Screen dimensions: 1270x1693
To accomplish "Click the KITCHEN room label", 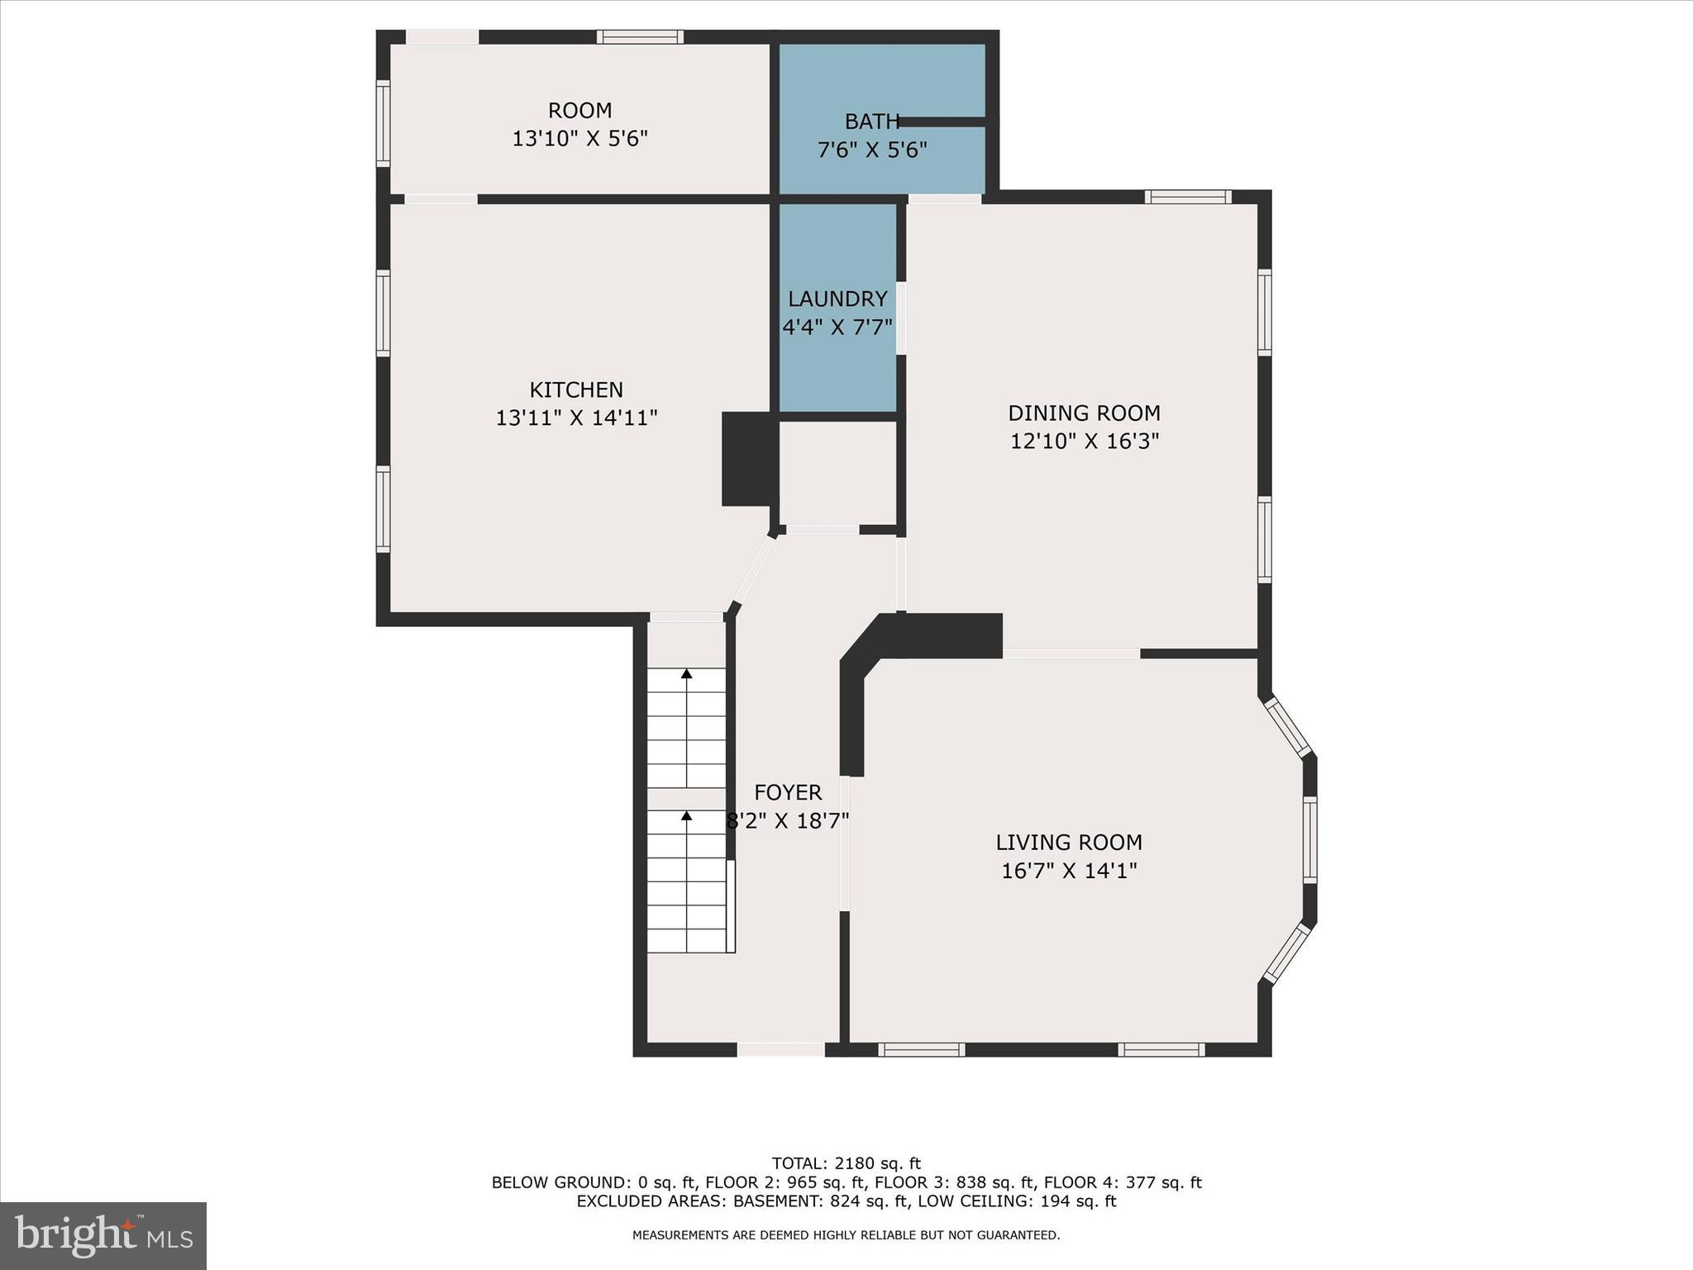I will pos(576,389).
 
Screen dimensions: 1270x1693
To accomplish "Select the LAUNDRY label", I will pos(837,298).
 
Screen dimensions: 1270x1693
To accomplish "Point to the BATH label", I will pos(871,122).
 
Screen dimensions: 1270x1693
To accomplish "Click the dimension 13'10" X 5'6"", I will pos(579,138).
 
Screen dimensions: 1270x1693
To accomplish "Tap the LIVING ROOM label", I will pos(1069,843).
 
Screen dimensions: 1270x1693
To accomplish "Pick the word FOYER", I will pos(788,793).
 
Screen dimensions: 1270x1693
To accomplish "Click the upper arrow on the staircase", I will pos(686,675).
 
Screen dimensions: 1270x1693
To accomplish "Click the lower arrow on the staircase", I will pos(686,816).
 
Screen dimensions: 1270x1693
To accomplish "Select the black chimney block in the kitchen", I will pos(749,459).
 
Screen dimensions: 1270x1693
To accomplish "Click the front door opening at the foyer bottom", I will pos(780,1049).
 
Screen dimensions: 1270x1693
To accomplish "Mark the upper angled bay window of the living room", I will pos(1288,727).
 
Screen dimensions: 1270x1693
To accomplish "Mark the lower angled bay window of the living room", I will pos(1288,953).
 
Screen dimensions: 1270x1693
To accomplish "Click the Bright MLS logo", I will pos(103,1235).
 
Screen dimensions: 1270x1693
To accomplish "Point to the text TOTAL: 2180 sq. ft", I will pos(846,1163).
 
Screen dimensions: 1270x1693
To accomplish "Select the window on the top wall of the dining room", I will pos(1188,197).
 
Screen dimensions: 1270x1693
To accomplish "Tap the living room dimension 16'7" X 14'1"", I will pos(1069,871).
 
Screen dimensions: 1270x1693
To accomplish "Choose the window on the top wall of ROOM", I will pos(640,36).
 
